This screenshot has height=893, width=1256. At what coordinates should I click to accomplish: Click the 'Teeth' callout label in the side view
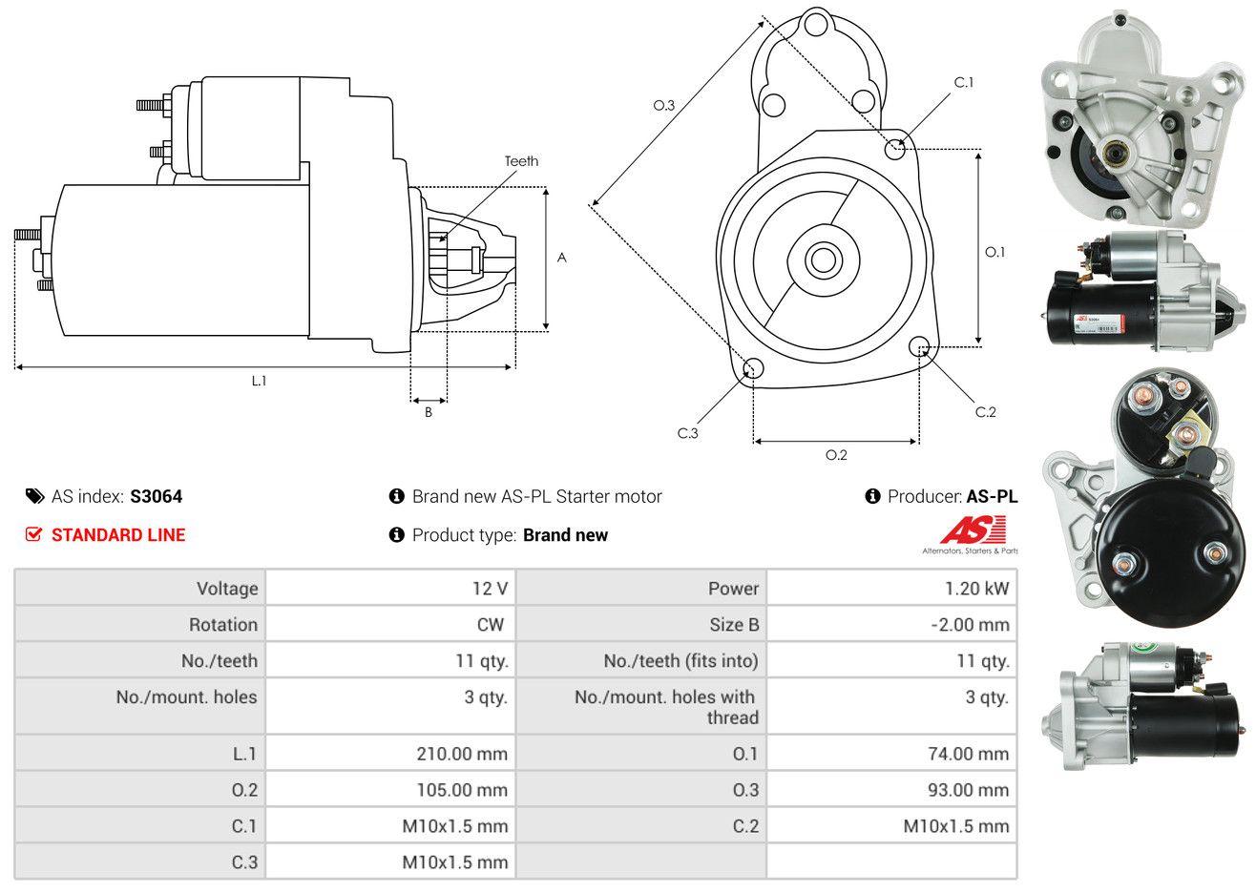521,161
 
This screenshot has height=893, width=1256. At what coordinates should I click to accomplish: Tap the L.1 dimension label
259,381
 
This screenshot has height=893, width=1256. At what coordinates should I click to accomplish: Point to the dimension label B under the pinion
429,412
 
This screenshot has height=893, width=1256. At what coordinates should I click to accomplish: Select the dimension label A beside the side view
562,258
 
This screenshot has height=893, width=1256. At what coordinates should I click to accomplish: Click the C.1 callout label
964,82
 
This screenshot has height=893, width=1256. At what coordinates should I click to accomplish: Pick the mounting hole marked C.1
895,149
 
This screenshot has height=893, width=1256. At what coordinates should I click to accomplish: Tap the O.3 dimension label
664,106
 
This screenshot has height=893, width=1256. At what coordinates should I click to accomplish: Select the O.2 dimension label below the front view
836,455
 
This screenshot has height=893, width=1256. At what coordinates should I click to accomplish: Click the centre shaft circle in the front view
820,260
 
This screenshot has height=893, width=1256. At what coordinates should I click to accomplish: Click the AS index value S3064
157,496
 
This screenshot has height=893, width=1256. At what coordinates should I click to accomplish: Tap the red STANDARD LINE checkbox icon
33,534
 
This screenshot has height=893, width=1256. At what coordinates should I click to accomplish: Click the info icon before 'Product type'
397,534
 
